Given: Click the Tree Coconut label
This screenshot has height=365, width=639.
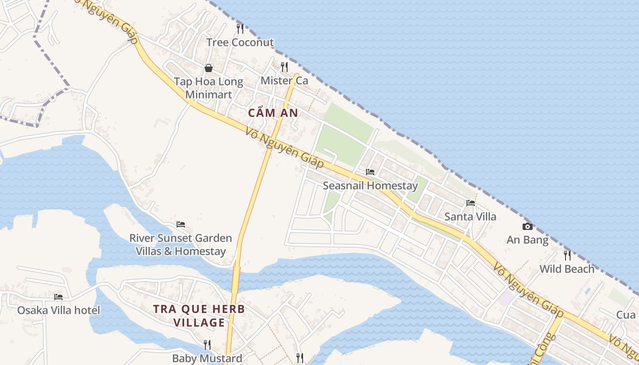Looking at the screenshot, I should click(x=240, y=42).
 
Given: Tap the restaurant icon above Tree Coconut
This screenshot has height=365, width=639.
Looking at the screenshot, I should click(x=240, y=28).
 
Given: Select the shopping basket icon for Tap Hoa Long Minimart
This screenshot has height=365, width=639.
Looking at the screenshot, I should click(x=209, y=68).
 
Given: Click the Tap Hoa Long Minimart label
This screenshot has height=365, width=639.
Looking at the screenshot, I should click(x=209, y=88).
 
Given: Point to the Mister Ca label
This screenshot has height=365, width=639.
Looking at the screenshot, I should click(x=284, y=81).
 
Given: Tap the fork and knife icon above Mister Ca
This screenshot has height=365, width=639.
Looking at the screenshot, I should click(x=284, y=67).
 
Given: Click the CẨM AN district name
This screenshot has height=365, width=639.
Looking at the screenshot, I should click(x=273, y=113).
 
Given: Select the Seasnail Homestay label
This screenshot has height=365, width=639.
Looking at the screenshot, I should click(x=370, y=186).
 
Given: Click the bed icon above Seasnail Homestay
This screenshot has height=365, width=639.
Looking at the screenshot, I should click(x=370, y=172).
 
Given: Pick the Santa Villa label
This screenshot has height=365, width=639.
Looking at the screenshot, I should click(x=470, y=216).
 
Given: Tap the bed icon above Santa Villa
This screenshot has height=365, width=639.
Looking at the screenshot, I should click(x=471, y=203).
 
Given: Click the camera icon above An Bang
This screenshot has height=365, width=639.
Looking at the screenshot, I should click(x=528, y=226).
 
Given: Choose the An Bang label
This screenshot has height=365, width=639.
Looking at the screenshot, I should click(x=528, y=240).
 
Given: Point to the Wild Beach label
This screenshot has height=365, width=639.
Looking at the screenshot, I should click(x=567, y=269).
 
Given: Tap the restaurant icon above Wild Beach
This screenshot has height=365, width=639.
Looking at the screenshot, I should click(x=567, y=255).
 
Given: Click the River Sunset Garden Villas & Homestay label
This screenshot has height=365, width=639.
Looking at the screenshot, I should click(x=181, y=245).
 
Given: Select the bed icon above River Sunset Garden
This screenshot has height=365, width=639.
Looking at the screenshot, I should click(x=181, y=224).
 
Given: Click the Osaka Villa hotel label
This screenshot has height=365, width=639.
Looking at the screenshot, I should click(x=58, y=310).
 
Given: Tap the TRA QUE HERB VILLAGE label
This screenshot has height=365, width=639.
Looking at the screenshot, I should click(x=199, y=316).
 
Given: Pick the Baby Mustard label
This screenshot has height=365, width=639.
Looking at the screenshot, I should click(x=207, y=358).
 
